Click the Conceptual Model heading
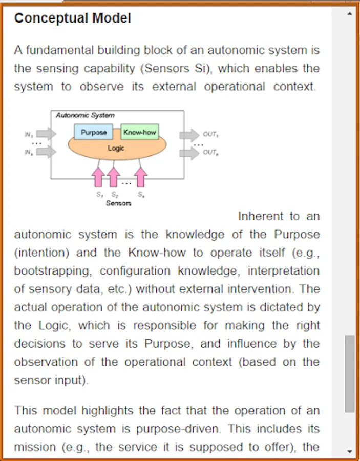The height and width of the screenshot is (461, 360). point(72,18)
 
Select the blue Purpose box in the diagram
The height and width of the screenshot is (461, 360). point(93,132)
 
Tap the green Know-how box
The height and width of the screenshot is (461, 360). point(139,132)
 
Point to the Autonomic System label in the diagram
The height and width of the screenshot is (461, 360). point(85,115)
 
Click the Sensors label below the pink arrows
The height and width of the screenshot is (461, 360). point(118,203)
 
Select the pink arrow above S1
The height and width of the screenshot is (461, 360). point(98,176)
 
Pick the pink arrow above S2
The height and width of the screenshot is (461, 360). point(114,176)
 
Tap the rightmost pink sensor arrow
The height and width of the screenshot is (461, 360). point(140,176)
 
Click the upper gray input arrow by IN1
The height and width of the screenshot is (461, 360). point(46,134)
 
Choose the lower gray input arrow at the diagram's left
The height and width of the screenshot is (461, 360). point(46,152)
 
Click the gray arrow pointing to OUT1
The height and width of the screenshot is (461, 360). point(189,135)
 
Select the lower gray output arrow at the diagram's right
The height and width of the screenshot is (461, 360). point(189,153)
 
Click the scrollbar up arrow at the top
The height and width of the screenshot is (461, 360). point(350,14)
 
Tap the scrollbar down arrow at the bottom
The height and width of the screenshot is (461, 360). point(350,451)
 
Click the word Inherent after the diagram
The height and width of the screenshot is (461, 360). point(261,216)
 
